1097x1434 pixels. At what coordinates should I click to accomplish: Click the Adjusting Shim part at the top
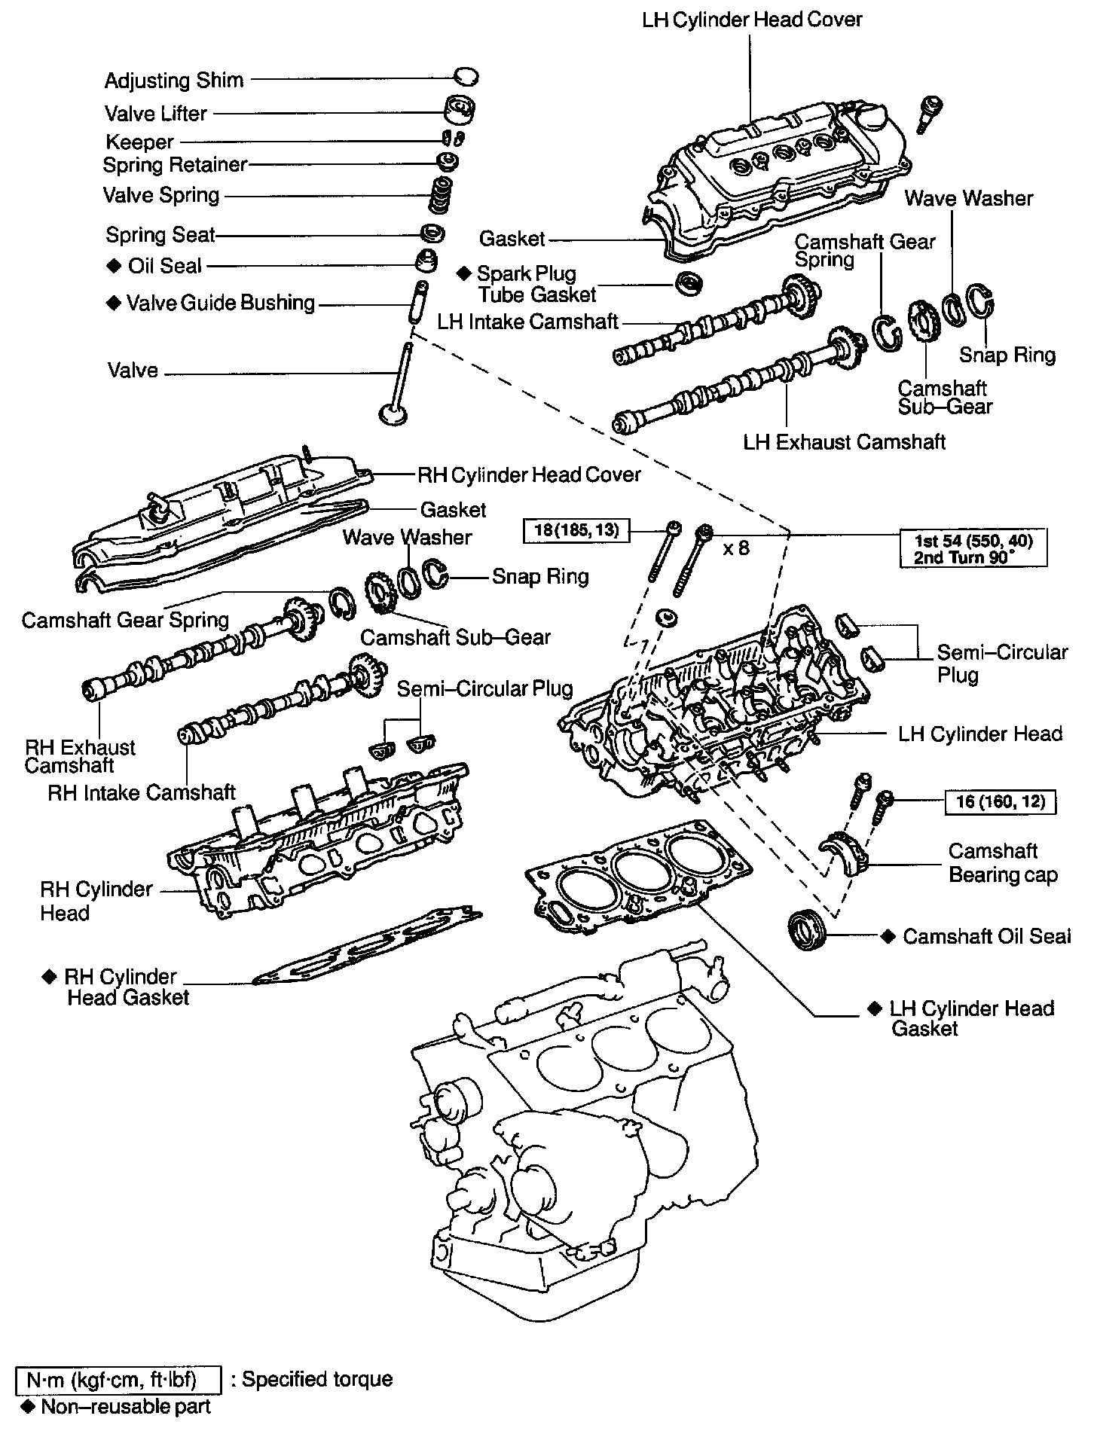pyautogui.click(x=466, y=76)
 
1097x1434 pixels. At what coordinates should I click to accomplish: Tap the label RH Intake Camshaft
pyautogui.click(x=142, y=792)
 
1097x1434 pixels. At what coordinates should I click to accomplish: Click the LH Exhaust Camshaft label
pyautogui.click(x=844, y=441)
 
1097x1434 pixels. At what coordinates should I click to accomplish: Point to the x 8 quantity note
pyautogui.click(x=736, y=548)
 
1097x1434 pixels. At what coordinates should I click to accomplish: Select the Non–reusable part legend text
pyautogui.click(x=125, y=1406)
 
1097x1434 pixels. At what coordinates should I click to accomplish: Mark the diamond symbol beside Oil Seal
pyautogui.click(x=114, y=265)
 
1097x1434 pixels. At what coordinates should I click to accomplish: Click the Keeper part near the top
pyautogui.click(x=454, y=139)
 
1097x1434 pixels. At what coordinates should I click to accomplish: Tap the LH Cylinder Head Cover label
pyautogui.click(x=752, y=19)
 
